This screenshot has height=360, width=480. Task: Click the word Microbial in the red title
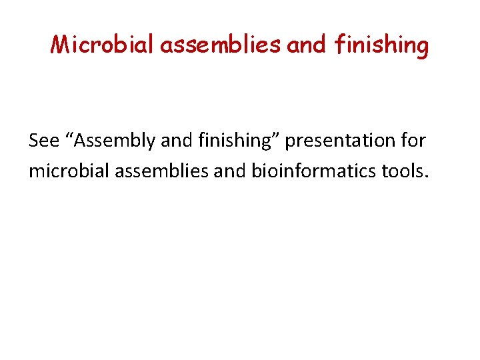point(101,45)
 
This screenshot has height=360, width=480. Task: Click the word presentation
point(337,141)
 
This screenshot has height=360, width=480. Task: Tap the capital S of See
point(35,141)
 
